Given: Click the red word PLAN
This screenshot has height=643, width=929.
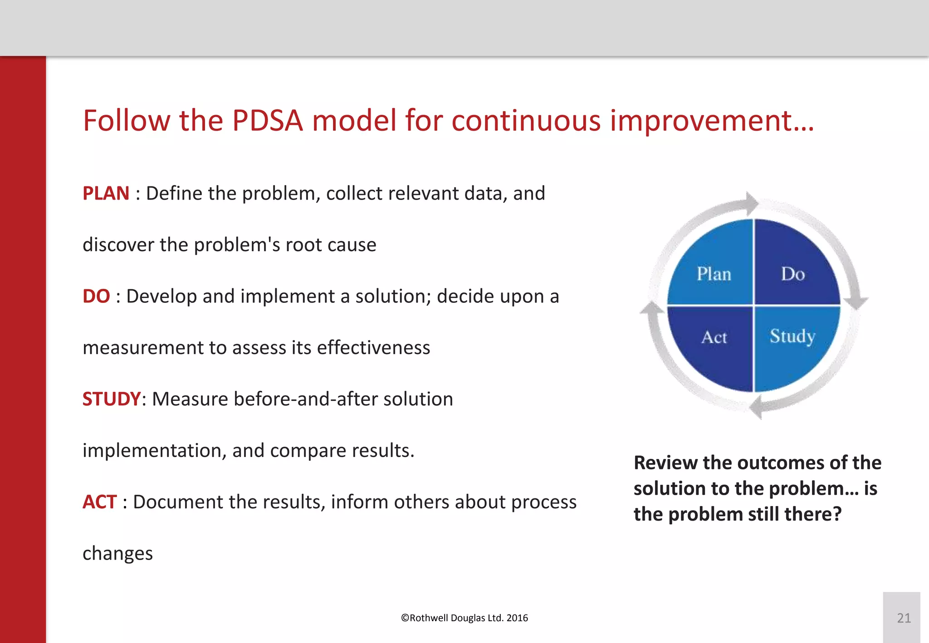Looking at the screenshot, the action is pyautogui.click(x=106, y=194).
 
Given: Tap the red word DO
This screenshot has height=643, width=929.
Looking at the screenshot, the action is pyautogui.click(x=96, y=297).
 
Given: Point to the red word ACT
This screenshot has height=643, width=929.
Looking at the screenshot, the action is pyautogui.click(x=100, y=502).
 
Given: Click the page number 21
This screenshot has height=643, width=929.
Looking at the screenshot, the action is pyautogui.click(x=904, y=618).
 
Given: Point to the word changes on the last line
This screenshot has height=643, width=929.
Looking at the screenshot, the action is pyautogui.click(x=117, y=554).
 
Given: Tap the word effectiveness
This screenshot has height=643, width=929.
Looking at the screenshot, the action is pyautogui.click(x=373, y=348).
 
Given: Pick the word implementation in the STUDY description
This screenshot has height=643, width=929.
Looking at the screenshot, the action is pyautogui.click(x=154, y=451).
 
